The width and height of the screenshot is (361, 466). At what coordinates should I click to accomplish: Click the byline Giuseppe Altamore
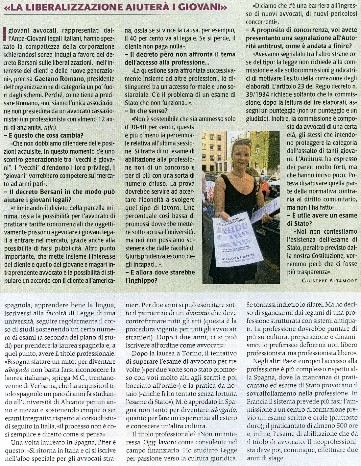point(329,280)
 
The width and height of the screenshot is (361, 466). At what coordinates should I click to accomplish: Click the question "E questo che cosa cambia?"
point(46,135)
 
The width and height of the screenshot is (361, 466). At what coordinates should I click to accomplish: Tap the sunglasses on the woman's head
point(243,142)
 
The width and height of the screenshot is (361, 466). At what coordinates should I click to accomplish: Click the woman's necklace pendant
point(243,178)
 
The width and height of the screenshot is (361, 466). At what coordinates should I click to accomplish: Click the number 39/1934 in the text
point(258,94)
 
